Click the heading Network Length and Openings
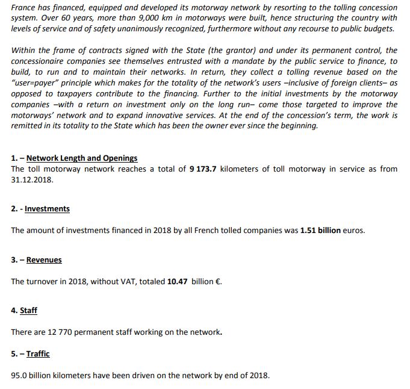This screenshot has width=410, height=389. coord(82,158)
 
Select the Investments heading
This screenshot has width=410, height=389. coord(47,209)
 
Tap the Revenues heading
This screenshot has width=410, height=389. coord(44,260)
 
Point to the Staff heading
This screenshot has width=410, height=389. coord(28,311)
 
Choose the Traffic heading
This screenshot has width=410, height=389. coord(38,354)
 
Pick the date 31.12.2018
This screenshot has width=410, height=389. coord(33,179)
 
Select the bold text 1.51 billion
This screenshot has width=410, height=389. coord(320,231)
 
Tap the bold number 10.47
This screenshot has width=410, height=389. coord(176,281)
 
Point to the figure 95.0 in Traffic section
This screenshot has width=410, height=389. coord(20,375)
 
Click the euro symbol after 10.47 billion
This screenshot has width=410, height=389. coord(218,281)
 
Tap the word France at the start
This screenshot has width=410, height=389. coord(23,8)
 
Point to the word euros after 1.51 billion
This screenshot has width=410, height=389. coord(354,231)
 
